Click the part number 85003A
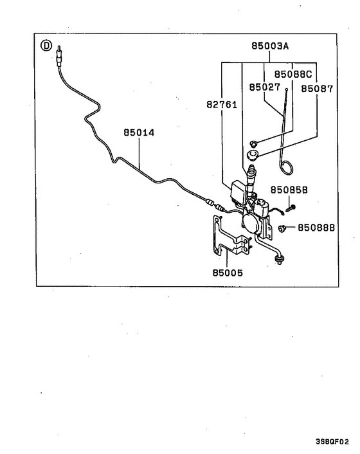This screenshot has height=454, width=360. tap(270, 46)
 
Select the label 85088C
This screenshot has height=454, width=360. tap(293, 74)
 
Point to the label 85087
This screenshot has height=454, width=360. tap(318, 89)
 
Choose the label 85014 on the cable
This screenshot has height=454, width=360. tap(139, 133)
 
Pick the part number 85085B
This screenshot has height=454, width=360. tap(289, 190)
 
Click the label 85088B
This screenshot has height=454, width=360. tap(316, 228)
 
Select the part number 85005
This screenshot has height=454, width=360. tap(228, 273)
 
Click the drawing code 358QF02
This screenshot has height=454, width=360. tap(332, 442)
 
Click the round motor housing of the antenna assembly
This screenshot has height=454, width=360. tap(251, 224)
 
